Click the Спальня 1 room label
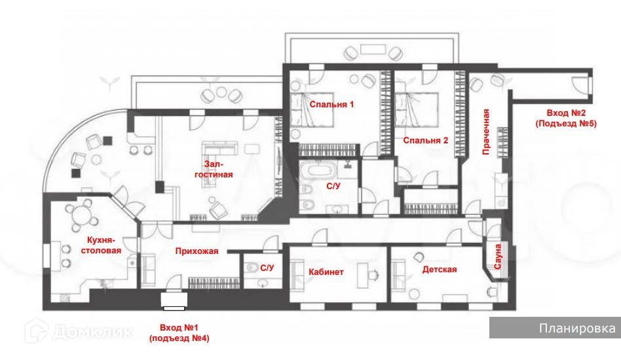331,105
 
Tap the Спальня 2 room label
426,141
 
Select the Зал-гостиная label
214,170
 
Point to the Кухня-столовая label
101,245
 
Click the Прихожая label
197,251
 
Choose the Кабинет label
326,272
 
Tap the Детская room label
440,270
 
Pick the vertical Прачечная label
486,132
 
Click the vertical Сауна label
497,257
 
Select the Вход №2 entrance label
566,118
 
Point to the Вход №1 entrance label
179,333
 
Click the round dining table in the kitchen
82,216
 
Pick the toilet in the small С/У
252,268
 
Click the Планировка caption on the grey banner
577,328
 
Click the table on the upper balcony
373,50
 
